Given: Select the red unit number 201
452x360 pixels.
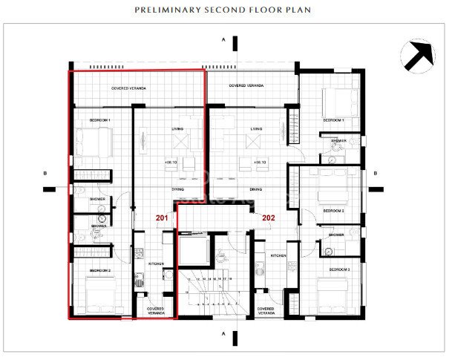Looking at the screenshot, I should (162, 217).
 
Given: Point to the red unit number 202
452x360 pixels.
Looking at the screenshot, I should (268, 217).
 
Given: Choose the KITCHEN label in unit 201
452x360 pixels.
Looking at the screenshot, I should (156, 264).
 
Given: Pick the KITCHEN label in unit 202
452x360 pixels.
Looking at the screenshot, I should (278, 255).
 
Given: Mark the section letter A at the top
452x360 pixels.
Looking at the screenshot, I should (223, 39).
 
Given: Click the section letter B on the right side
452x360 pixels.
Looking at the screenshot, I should (376, 174).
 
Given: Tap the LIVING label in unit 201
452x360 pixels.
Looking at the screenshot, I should (178, 128).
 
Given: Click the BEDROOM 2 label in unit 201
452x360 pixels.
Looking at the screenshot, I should (100, 271).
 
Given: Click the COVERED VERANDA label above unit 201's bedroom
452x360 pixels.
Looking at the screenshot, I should (128, 88).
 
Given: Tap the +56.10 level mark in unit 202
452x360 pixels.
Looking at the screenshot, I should (259, 162).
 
